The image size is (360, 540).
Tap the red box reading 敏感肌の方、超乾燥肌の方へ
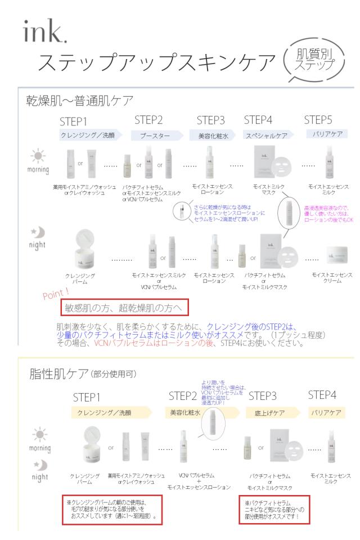pyautogui.click(x=124, y=309)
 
